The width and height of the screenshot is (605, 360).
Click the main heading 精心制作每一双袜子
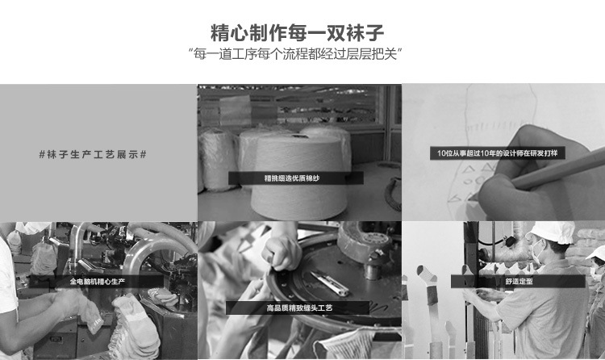click(297, 33)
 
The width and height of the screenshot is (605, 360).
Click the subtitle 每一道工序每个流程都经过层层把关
click(295, 54)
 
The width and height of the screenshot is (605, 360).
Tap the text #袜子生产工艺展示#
click(93, 155)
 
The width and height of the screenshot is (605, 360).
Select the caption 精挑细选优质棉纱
click(292, 178)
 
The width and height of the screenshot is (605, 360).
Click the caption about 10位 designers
click(498, 153)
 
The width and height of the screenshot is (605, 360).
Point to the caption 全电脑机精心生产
click(98, 282)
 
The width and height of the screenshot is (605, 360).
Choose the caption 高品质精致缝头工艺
click(299, 308)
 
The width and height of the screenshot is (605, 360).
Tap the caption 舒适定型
click(519, 281)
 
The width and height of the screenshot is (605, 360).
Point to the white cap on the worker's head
click(551, 232)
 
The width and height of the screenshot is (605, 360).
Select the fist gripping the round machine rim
click(282, 253)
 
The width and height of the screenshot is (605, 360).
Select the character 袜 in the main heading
click(355, 33)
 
